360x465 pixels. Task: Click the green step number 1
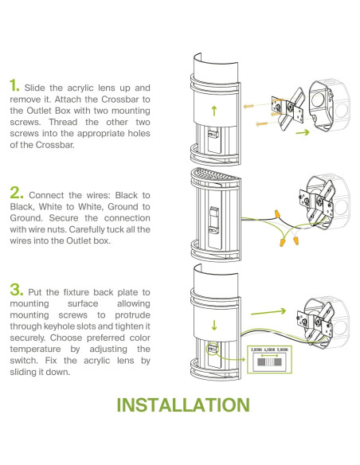pyautogui.click(x=14, y=85)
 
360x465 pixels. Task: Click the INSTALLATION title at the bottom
pyautogui.click(x=183, y=404)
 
